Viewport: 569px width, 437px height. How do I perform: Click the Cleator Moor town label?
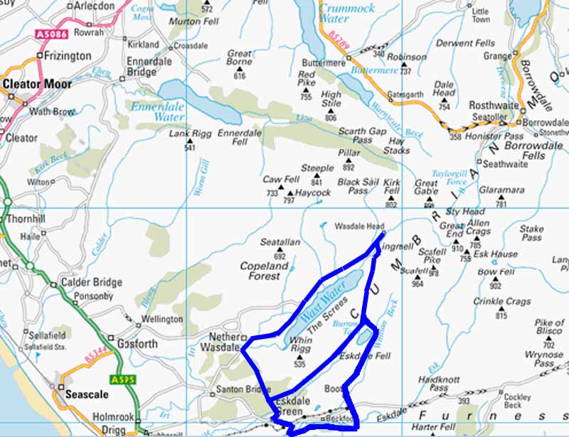37,84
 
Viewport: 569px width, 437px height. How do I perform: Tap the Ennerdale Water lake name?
154,109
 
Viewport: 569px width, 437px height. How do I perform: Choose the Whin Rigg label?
301,346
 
